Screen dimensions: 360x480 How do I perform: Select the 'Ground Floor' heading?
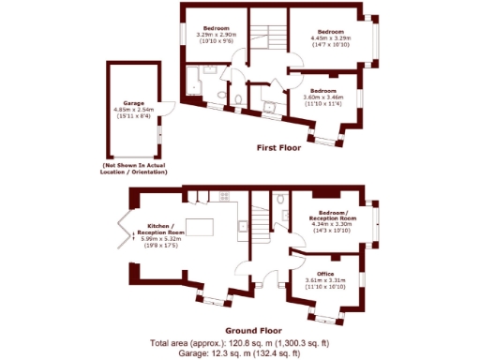254,331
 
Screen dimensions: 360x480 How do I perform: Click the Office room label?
325,273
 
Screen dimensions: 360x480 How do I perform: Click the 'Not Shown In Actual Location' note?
136,169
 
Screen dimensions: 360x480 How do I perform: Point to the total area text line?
254,344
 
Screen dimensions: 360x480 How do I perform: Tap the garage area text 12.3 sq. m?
254,353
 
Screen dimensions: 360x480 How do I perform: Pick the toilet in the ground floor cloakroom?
281,199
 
